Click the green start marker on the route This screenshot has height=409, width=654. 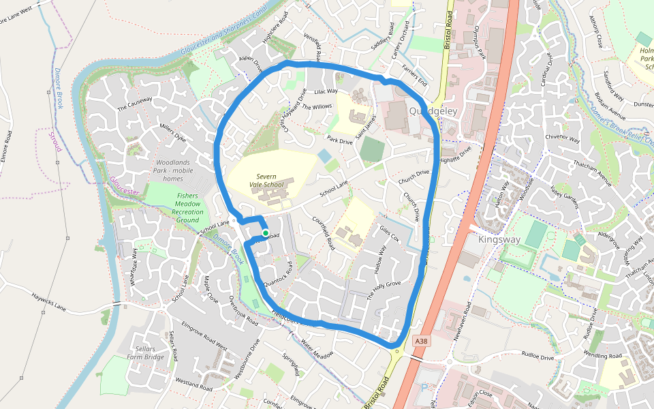point(266,233)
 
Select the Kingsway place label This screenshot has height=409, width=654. point(499,240)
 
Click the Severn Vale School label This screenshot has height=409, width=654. point(265,181)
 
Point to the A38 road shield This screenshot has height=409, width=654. point(422,341)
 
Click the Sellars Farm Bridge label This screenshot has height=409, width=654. point(145,353)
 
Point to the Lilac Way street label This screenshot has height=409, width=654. point(326,91)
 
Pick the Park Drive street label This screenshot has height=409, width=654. point(339,140)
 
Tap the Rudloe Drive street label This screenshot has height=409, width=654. point(540,356)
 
